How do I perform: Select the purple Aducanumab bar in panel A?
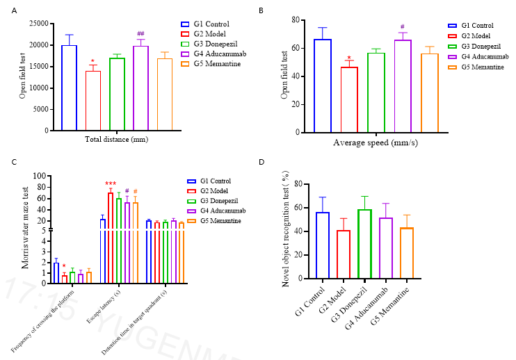[140, 88]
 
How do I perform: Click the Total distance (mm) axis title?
[117, 140]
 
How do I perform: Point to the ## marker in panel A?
[140, 34]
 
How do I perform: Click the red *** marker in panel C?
[111, 184]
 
